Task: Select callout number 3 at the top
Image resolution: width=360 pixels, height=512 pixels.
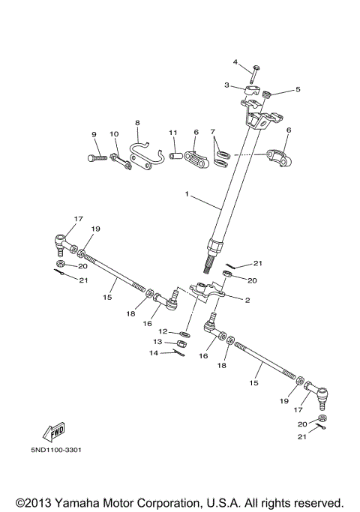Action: [x=226, y=85]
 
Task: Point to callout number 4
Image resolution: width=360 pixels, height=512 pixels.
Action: [x=235, y=61]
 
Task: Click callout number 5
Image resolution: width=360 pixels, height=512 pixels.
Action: [x=298, y=90]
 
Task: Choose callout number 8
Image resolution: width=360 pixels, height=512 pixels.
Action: [x=137, y=122]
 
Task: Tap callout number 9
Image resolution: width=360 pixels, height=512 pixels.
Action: [x=94, y=134]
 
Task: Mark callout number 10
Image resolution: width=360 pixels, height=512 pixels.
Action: [x=115, y=134]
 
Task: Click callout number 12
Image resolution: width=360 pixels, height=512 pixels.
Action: [x=162, y=331]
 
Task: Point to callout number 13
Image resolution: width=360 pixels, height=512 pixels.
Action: [x=158, y=341]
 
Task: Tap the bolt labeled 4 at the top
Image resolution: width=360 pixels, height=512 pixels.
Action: [x=256, y=75]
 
